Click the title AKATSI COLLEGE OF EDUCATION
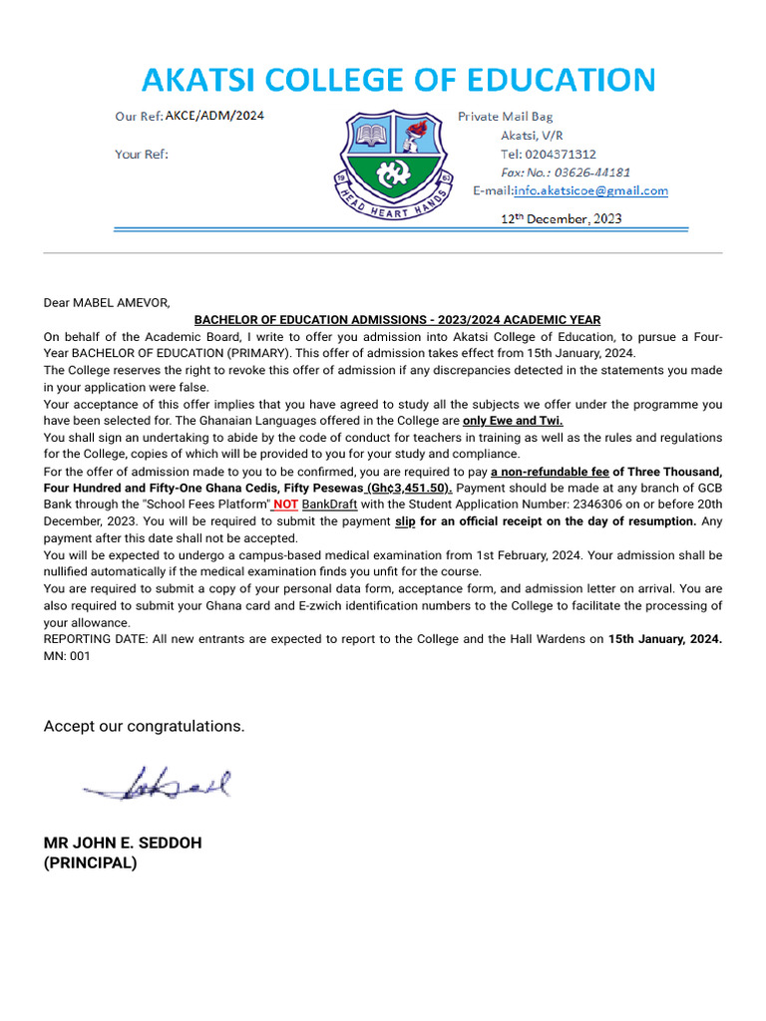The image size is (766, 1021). (398, 80)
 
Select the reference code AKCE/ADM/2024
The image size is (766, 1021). (214, 117)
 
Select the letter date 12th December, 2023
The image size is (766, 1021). (561, 218)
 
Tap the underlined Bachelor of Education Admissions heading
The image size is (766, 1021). (397, 320)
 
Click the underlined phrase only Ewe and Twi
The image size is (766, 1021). (513, 421)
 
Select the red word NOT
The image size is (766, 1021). (286, 505)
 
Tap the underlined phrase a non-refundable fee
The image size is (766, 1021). (550, 472)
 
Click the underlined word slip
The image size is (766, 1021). (405, 521)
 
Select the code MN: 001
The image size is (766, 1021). (67, 656)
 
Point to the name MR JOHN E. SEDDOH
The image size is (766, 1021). (123, 844)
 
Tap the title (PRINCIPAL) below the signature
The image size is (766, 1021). (90, 863)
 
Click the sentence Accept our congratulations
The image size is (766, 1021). (144, 726)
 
